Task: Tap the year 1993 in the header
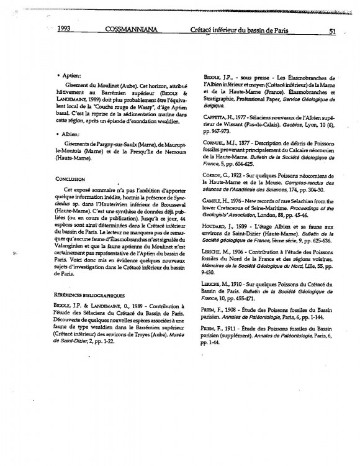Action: (66, 29)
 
